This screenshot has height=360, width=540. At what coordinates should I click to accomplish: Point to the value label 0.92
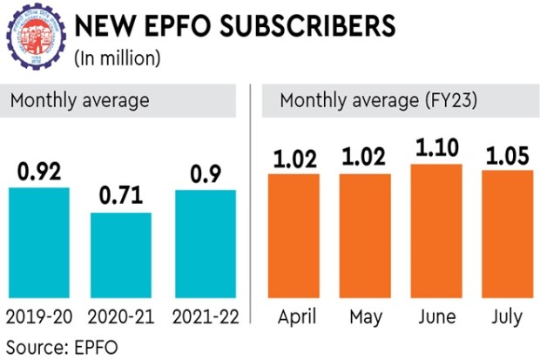click(x=38, y=173)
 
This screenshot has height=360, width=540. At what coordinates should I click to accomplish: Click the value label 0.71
click(x=122, y=198)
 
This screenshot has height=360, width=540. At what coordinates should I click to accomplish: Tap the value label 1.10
click(x=435, y=148)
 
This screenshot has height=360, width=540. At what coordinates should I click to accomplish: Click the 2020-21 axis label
click(x=122, y=316)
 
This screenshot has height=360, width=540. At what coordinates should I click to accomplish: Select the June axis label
click(x=435, y=316)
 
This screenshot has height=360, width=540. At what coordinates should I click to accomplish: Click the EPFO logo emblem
click(x=34, y=37)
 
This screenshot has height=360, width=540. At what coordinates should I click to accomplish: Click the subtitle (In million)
click(x=118, y=58)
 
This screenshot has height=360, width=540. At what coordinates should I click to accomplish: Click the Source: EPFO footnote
click(x=61, y=345)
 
